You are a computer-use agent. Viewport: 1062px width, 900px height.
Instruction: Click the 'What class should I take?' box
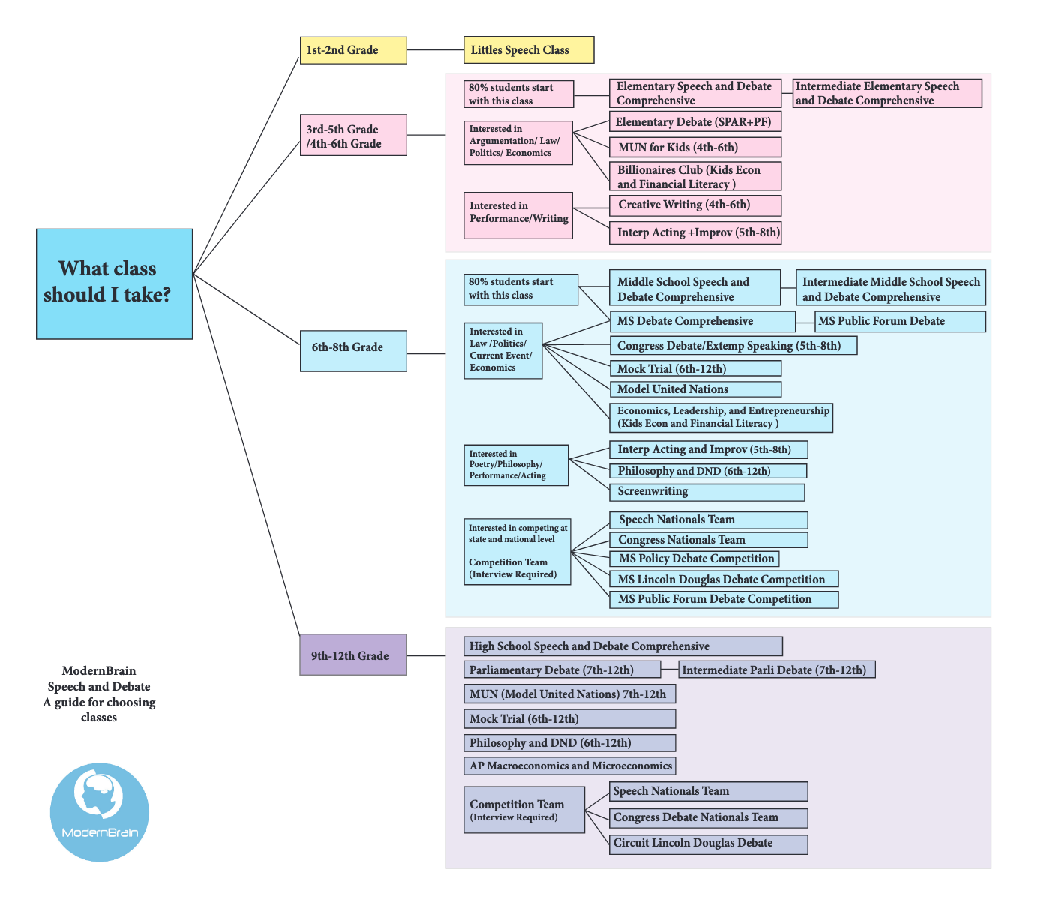pos(114,283)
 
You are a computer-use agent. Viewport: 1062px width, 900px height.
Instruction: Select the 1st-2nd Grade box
pos(353,50)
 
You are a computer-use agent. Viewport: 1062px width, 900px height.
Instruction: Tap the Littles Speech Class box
pos(529,49)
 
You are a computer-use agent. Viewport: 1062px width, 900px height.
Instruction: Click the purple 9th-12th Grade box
pos(353,655)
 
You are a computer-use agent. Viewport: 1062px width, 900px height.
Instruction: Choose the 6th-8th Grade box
pos(353,351)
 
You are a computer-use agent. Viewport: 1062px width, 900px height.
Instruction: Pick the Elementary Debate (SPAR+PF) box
pos(695,121)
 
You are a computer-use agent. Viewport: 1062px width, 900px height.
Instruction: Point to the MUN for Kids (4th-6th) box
pos(695,148)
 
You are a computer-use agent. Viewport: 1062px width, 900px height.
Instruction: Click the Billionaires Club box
pos(695,176)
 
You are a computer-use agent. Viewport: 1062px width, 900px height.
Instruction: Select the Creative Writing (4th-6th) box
pos(695,205)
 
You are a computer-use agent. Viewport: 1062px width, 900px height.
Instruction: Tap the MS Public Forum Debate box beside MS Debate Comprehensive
pos(900,321)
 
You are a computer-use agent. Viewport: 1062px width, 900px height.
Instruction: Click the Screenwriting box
pos(707,492)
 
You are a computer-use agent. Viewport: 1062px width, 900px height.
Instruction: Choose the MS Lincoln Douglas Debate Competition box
pos(724,579)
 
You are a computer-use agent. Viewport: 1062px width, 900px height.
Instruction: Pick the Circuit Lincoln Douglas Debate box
pos(708,844)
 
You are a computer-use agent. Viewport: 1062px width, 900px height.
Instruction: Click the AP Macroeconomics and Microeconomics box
pos(569,766)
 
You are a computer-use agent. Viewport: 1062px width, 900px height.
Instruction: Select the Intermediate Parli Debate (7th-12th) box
pos(777,670)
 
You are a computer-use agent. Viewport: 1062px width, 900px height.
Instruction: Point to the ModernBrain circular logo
pos(100,812)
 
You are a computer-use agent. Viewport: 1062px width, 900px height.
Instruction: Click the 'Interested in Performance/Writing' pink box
pos(518,216)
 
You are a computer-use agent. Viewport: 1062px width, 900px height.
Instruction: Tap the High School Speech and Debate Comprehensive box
pos(622,646)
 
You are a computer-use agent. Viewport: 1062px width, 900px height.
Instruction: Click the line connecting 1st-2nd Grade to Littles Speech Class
pos(435,49)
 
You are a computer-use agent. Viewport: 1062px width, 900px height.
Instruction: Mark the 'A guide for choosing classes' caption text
pos(99,710)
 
